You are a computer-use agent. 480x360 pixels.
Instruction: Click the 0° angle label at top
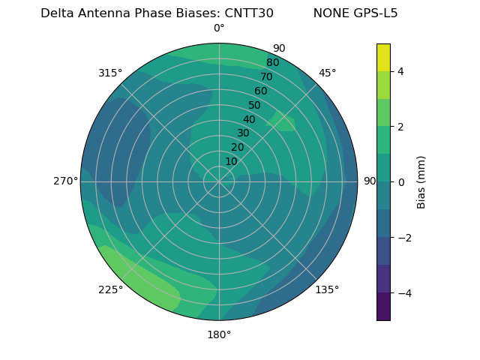click(x=219, y=28)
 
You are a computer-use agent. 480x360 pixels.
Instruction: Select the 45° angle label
click(x=327, y=73)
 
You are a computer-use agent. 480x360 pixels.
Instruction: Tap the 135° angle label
click(x=327, y=289)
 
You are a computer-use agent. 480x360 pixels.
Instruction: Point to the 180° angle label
click(x=219, y=334)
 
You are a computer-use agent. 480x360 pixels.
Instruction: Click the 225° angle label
click(x=110, y=289)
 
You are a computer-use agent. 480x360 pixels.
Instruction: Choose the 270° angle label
click(x=65, y=181)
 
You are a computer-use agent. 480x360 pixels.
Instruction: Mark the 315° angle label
click(x=110, y=73)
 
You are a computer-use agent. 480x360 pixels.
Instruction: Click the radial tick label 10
click(x=231, y=161)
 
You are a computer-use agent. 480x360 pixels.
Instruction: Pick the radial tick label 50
click(x=255, y=106)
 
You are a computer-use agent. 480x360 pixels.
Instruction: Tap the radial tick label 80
click(x=273, y=63)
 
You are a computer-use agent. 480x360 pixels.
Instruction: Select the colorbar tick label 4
click(x=401, y=71)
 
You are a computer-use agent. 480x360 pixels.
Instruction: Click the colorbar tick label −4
click(x=403, y=292)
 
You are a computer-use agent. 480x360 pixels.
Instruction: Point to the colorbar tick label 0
click(x=401, y=182)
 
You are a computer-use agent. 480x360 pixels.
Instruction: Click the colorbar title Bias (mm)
click(x=421, y=182)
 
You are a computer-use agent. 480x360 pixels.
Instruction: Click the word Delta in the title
click(x=56, y=13)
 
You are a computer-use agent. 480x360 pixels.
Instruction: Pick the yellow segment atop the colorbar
click(x=383, y=58)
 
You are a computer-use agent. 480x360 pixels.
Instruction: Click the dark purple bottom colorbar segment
click(x=383, y=307)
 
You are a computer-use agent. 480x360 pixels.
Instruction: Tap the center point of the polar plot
click(x=219, y=181)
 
